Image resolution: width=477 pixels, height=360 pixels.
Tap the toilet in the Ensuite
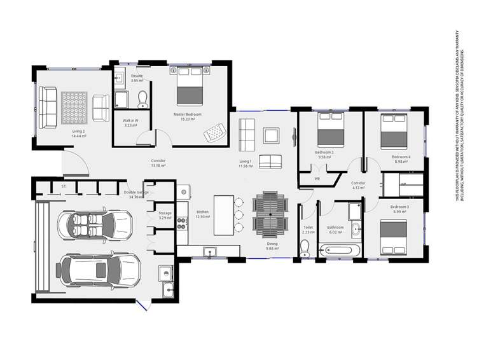click(x=142, y=98)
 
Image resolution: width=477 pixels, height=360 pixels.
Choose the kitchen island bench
click(x=223, y=214)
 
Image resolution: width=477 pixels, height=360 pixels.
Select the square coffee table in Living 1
click(x=271, y=135)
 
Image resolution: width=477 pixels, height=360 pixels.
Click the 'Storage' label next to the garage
click(x=165, y=214)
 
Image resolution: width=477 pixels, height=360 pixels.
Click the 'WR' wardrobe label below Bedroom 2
click(x=317, y=179)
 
